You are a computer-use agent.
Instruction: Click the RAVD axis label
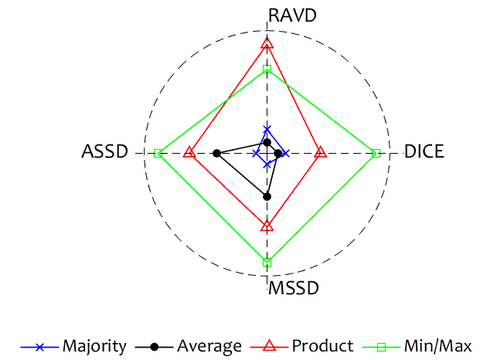(x=292, y=15)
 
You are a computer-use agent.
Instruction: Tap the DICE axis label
(x=424, y=152)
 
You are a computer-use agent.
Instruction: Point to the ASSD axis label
(x=104, y=152)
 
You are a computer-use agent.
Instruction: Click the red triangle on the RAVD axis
(x=267, y=43)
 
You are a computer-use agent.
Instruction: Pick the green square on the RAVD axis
(x=267, y=70)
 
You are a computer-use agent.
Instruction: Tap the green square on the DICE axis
(x=376, y=154)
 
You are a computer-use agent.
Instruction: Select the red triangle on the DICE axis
(x=321, y=153)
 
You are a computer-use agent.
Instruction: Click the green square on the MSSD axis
(x=267, y=263)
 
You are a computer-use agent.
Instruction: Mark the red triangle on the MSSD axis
(x=267, y=226)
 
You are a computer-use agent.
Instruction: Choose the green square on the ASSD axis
(x=158, y=154)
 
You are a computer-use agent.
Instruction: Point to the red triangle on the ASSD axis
(x=189, y=153)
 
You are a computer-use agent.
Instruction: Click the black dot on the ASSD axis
(x=217, y=154)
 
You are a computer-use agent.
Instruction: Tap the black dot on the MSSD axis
(x=267, y=196)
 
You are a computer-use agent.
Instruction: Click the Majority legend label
(x=94, y=346)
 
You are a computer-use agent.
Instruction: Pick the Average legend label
(x=209, y=346)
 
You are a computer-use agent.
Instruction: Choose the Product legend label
(x=322, y=346)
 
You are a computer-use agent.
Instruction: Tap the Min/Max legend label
(x=436, y=346)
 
